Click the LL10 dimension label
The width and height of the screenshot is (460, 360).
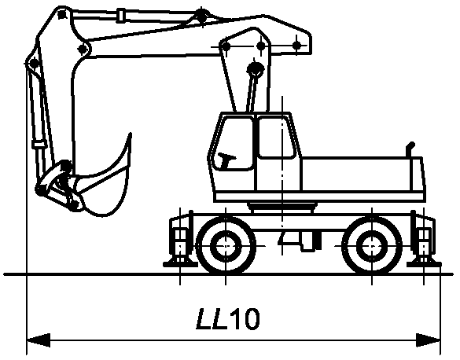pyautogui.click(x=228, y=318)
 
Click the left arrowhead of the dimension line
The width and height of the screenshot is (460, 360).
pyautogui.click(x=39, y=340)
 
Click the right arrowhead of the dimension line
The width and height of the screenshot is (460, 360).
pyautogui.click(x=428, y=340)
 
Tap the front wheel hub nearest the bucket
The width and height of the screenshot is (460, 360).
pyautogui.click(x=226, y=246)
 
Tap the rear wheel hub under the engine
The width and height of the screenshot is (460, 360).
pyautogui.click(x=372, y=246)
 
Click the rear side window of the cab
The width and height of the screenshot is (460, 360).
pyautogui.click(x=276, y=137)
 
